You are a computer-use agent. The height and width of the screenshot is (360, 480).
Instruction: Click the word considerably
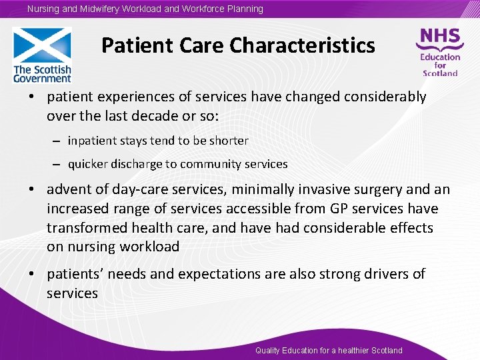point(385,97)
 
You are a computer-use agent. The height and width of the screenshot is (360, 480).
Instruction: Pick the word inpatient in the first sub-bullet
point(92,141)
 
